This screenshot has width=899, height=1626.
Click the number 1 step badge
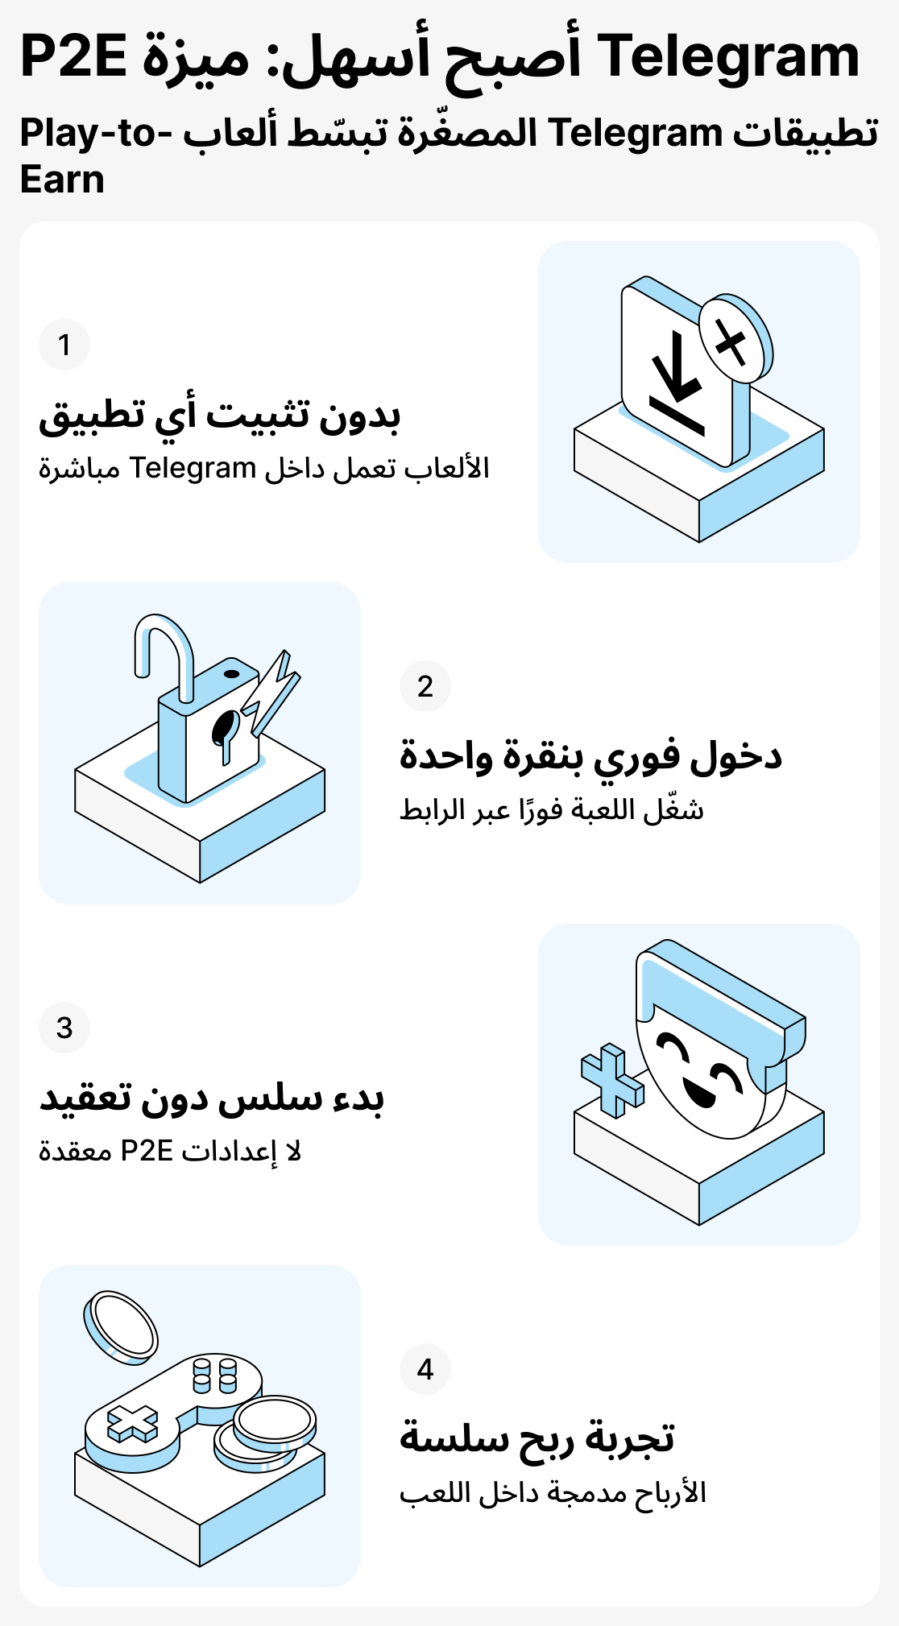click(64, 345)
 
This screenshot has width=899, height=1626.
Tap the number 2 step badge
click(425, 686)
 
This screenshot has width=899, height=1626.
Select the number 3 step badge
click(64, 1028)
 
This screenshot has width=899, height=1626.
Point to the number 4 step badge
click(425, 1369)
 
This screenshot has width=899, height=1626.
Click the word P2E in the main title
click(73, 56)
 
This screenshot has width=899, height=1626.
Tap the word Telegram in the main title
click(730, 56)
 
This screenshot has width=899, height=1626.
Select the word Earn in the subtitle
click(62, 179)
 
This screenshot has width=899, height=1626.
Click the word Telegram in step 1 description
click(193, 468)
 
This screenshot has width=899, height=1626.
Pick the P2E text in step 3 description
click(147, 1151)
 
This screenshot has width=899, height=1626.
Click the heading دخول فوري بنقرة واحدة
click(590, 755)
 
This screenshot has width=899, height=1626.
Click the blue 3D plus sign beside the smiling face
click(612, 1080)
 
